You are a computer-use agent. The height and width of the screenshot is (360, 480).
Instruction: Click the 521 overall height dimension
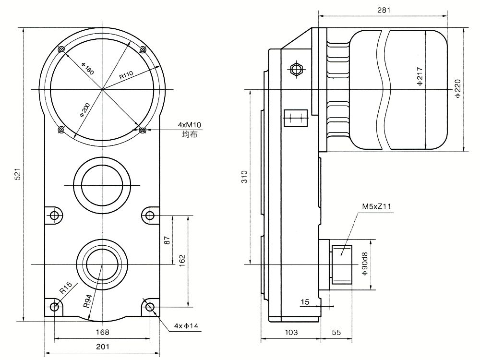(18, 174)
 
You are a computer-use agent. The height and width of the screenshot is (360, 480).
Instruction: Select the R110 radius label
(126, 75)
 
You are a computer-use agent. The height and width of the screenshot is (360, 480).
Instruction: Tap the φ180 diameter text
(87, 69)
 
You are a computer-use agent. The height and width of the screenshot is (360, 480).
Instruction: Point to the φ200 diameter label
(85, 110)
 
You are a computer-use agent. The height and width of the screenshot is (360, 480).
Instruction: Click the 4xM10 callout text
(190, 125)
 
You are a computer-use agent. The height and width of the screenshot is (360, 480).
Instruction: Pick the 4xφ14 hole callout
(186, 326)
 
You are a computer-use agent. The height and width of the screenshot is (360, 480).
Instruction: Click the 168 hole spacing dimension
(103, 332)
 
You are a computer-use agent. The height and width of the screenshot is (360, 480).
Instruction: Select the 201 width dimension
(103, 347)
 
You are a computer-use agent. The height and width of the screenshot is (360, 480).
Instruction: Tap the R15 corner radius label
(66, 288)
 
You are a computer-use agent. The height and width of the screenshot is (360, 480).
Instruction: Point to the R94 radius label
(87, 301)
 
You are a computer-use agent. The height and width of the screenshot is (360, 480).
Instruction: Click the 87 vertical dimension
(167, 240)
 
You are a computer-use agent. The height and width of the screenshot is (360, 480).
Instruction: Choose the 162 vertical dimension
(182, 261)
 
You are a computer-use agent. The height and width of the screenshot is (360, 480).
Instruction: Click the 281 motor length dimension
(384, 10)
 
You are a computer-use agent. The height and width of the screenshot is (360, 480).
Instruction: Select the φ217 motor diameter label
(420, 76)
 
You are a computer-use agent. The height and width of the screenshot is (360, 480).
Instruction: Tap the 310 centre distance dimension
(244, 177)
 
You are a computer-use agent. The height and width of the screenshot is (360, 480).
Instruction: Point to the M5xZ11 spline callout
(376, 206)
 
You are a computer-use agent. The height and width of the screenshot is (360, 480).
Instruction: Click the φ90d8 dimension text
(365, 264)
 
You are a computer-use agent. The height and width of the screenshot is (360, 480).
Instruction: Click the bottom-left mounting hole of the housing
(55, 306)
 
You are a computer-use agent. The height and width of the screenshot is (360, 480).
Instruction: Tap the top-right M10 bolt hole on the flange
(143, 49)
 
